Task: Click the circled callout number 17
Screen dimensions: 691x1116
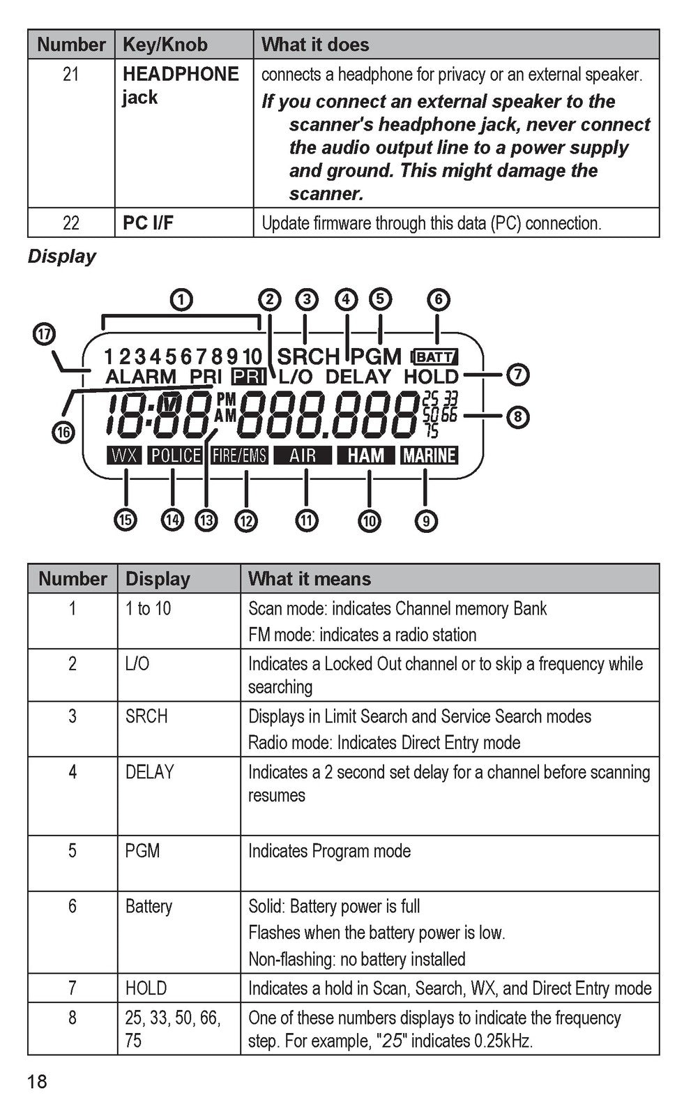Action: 44,334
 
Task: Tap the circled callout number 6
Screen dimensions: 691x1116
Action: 439,299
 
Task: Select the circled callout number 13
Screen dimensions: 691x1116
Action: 206,520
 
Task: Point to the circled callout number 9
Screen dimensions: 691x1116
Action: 426,520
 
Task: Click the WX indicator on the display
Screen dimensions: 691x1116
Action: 125,455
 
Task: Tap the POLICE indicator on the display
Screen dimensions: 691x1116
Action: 176,455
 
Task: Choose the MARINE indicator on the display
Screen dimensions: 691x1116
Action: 430,455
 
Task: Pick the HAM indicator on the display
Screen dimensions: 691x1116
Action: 365,455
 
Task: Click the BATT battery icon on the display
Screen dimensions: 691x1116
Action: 434,356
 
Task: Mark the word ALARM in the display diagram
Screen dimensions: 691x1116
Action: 141,377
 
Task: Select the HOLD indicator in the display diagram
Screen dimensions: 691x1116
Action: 431,377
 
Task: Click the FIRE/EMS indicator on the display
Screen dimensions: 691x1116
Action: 239,455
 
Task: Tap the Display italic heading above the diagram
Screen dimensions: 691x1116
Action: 62,257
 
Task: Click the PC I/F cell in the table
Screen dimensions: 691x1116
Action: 148,223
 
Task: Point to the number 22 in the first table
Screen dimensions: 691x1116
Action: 70,223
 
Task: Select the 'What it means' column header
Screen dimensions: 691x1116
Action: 310,579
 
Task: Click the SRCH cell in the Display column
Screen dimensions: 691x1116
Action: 146,716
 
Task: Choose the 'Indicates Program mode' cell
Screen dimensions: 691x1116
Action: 329,851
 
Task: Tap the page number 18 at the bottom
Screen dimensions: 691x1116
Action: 38,1082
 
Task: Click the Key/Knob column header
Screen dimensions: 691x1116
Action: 165,45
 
